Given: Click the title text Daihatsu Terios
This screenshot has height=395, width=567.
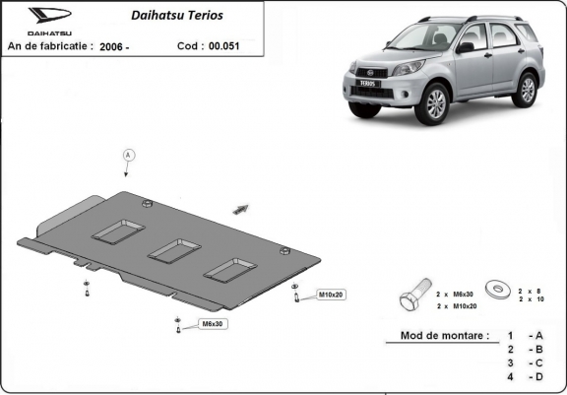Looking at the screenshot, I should click(x=177, y=16).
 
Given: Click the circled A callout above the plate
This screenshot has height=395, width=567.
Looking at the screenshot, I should click(x=127, y=155).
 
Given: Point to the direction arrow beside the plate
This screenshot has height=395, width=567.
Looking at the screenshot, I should click(x=240, y=208).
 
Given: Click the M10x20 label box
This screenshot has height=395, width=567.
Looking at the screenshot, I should click(x=329, y=295).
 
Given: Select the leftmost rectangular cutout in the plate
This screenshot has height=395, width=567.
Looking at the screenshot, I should click(x=118, y=230).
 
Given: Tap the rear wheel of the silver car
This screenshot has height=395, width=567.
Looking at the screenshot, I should click(x=527, y=89).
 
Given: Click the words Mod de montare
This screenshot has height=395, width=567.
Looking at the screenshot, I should click(x=445, y=336).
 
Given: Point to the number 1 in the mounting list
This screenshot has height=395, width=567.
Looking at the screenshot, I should click(x=510, y=336).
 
